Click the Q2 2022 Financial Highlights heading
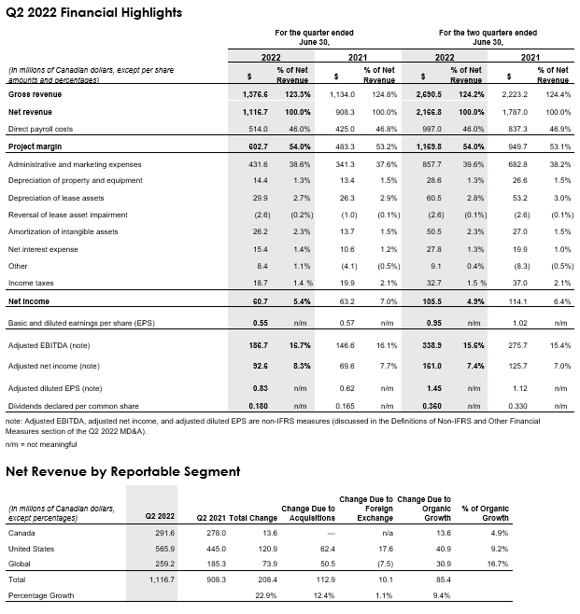[94, 12]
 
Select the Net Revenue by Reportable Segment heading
[123, 471]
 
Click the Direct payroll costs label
[41, 129]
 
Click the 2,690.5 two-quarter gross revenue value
[426, 93]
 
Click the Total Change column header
[252, 518]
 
